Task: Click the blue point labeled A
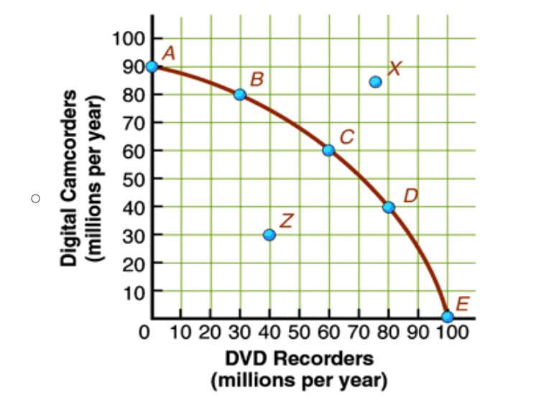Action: point(152,66)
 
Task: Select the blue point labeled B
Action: point(239,94)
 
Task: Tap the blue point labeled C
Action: point(328,150)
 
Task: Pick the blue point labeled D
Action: point(389,208)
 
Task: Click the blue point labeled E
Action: point(448,317)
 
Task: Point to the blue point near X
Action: point(375,82)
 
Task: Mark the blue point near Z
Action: point(269,235)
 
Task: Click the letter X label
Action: point(395,68)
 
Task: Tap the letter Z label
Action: point(287,221)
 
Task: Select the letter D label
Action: point(411,196)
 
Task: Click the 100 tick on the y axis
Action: point(128,39)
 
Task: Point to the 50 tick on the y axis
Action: point(134,180)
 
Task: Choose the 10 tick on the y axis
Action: point(134,293)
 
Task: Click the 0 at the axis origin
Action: point(144,332)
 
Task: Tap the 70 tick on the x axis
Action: point(358,332)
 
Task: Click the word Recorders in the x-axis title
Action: point(323,358)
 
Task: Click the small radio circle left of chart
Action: point(35,199)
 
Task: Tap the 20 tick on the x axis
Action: point(210,332)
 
